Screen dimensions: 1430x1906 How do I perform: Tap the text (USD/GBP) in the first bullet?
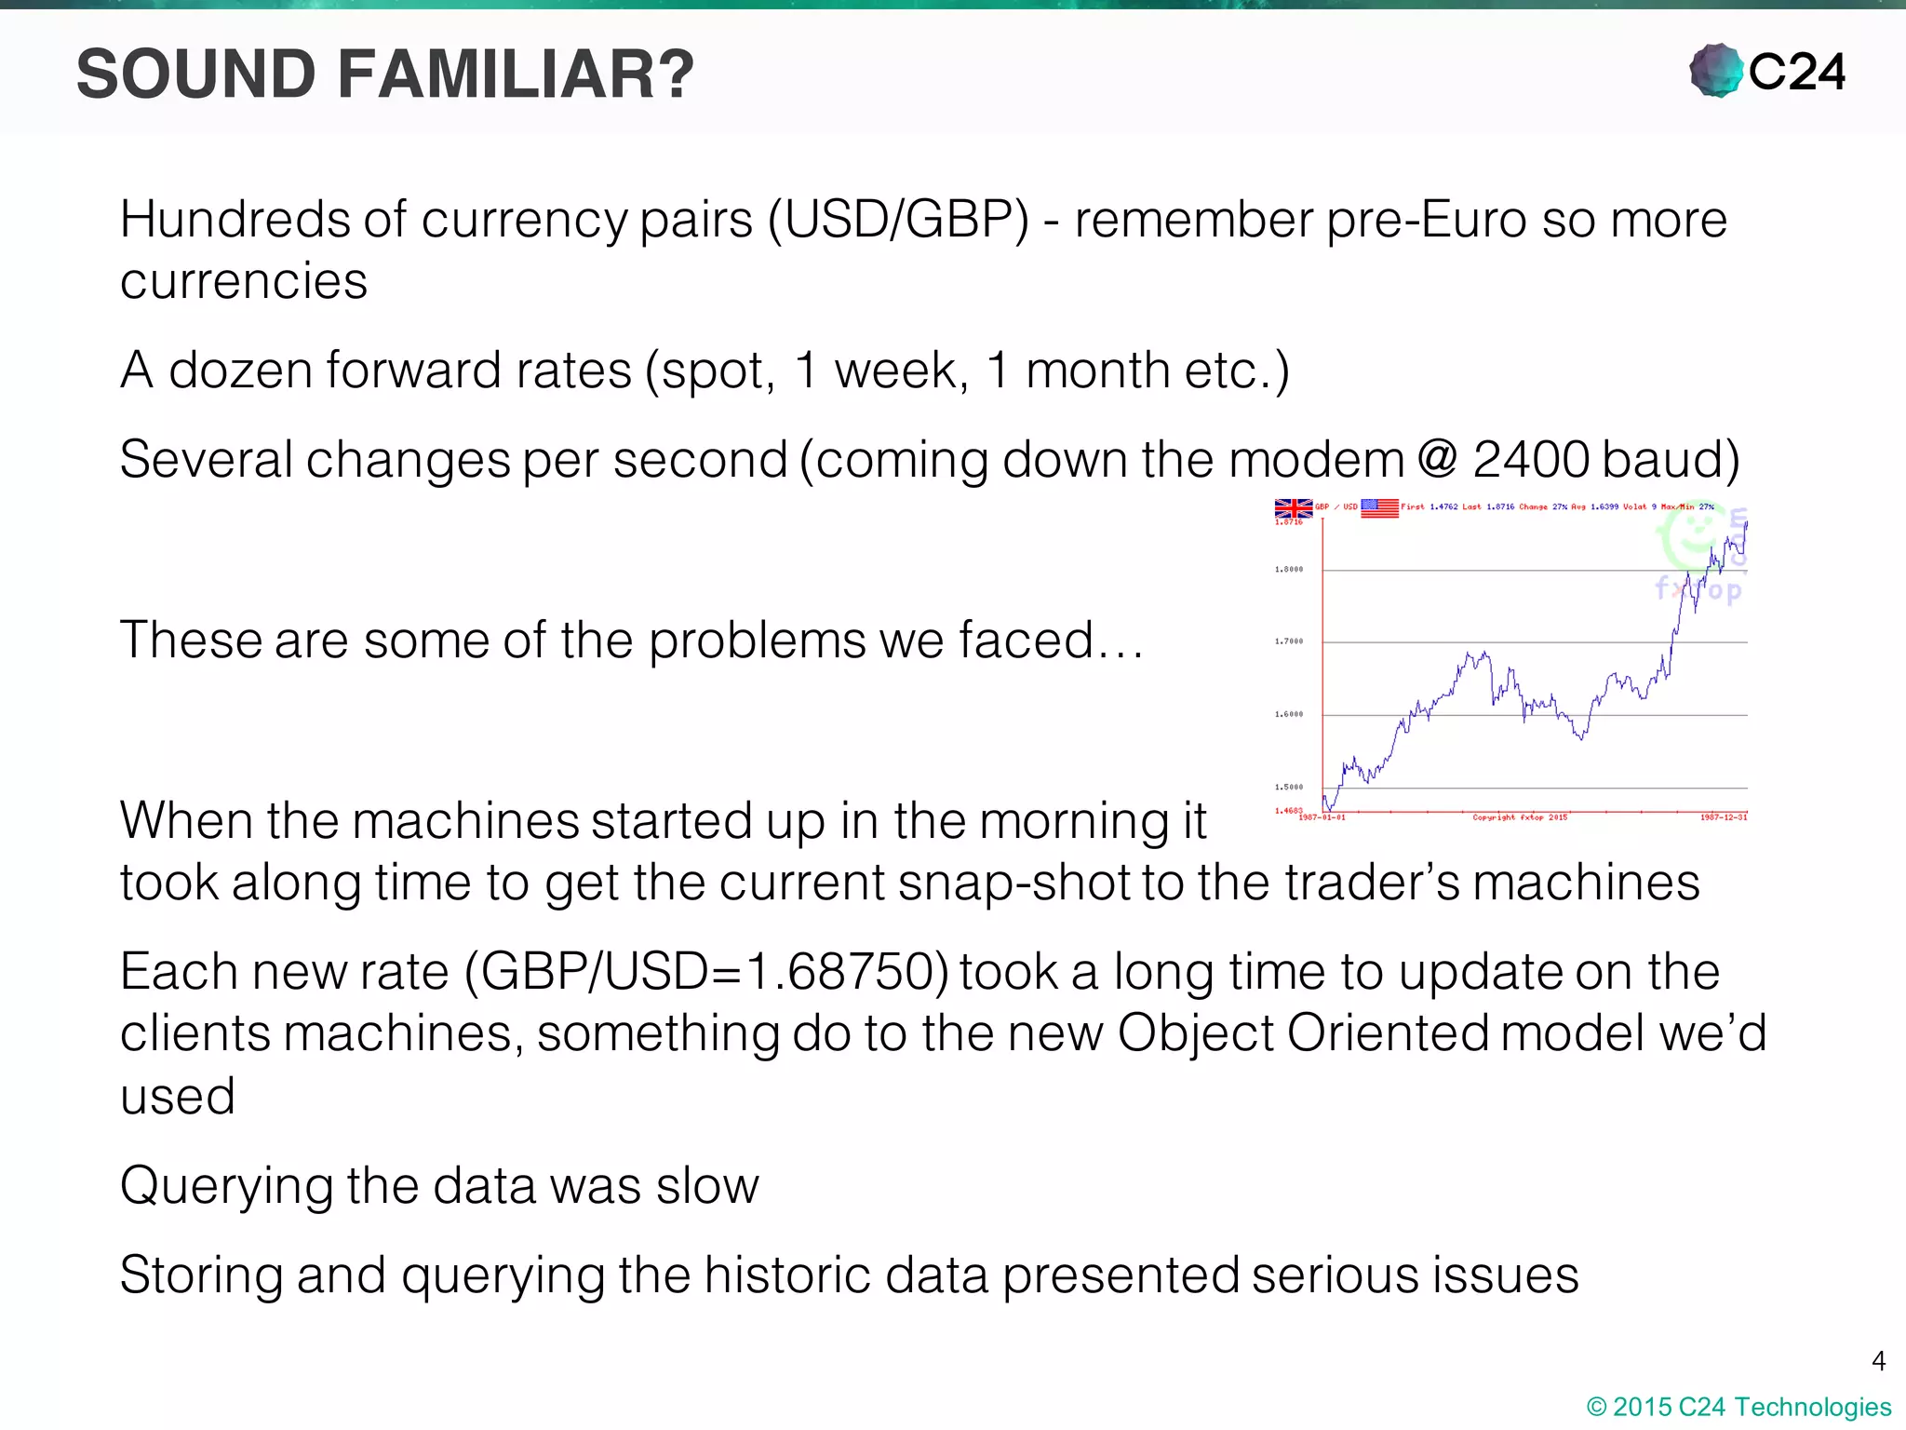coord(898,221)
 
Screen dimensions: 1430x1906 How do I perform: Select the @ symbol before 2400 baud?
coord(1438,458)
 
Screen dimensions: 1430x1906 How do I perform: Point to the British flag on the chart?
coord(1293,508)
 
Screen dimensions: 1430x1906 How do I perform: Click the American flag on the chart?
coord(1379,507)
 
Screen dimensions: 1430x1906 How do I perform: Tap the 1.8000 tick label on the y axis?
coord(1289,569)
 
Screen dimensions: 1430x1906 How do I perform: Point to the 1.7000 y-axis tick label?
coord(1289,641)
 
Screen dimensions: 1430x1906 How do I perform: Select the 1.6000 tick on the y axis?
coord(1289,714)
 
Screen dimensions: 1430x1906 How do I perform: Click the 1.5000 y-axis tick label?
coord(1289,787)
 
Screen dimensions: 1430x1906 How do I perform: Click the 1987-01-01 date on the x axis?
coord(1322,817)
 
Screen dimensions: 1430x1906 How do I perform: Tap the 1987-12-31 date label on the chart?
coord(1723,817)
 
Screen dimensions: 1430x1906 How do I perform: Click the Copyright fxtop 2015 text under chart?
coord(1519,817)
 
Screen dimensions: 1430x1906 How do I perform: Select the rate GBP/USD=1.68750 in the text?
coord(706,972)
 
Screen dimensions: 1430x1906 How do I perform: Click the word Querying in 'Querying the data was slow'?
coord(227,1186)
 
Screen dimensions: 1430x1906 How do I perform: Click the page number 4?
coord(1878,1361)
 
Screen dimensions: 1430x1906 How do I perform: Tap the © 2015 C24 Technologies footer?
coord(1738,1407)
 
